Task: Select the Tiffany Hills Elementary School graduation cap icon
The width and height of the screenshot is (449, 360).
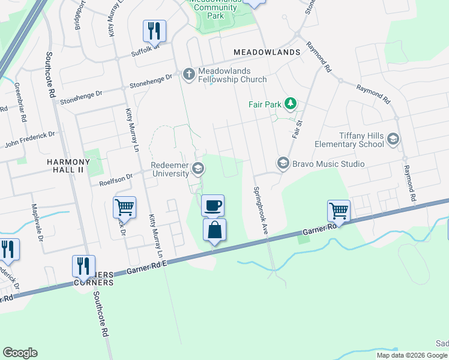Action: click(x=393, y=139)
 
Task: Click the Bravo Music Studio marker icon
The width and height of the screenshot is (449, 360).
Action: click(x=282, y=163)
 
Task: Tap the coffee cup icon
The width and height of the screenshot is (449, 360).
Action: click(x=213, y=206)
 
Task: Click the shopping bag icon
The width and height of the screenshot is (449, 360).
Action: click(x=214, y=230)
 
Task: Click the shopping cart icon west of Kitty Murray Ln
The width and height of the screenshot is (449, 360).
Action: click(x=124, y=207)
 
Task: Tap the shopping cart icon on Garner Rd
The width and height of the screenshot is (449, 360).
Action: click(x=339, y=211)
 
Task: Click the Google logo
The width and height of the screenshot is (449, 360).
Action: click(x=20, y=353)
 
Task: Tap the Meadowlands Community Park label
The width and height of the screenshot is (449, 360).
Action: click(x=215, y=8)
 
